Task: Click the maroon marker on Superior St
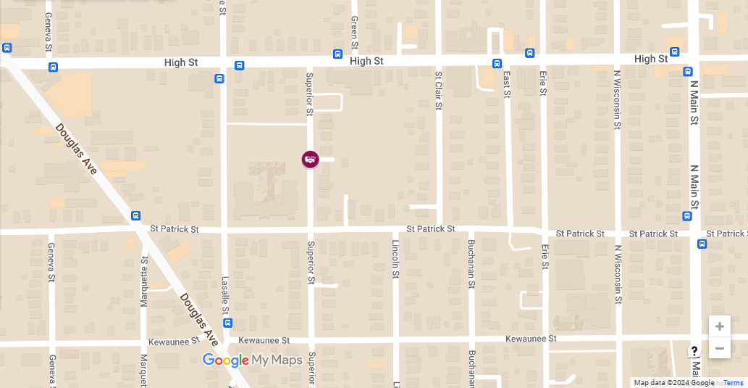click(x=310, y=159)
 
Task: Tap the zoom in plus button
click(x=719, y=326)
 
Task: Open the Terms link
click(x=734, y=382)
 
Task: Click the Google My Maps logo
click(x=252, y=360)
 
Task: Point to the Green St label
click(x=354, y=33)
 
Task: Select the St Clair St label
click(x=438, y=90)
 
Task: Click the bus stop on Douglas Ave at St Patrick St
click(x=135, y=215)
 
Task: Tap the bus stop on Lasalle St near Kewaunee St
click(x=228, y=323)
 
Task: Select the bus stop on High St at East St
click(x=497, y=63)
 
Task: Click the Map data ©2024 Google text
click(x=673, y=382)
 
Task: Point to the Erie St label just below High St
click(x=543, y=83)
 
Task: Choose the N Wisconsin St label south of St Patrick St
click(x=618, y=273)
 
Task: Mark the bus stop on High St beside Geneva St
click(x=53, y=67)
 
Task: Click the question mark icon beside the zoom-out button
click(x=694, y=351)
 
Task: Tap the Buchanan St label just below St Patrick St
click(x=471, y=264)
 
